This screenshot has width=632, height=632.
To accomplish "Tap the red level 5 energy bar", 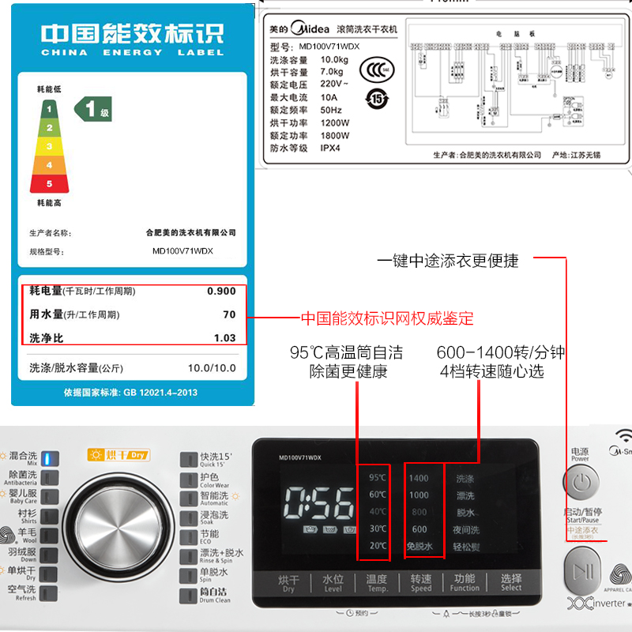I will click(x=49, y=183).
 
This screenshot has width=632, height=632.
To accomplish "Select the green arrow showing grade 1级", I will click(x=93, y=109).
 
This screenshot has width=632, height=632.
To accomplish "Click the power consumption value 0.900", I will click(x=220, y=292).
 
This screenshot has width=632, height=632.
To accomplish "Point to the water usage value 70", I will click(x=228, y=314).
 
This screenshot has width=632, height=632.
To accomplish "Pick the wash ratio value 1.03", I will click(x=224, y=338).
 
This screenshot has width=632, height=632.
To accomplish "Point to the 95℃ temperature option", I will click(x=378, y=477).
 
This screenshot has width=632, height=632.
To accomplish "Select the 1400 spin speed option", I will click(x=419, y=478).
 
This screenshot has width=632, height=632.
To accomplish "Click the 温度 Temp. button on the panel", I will click(x=377, y=583).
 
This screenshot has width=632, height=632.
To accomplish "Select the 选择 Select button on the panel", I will click(x=511, y=583).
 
